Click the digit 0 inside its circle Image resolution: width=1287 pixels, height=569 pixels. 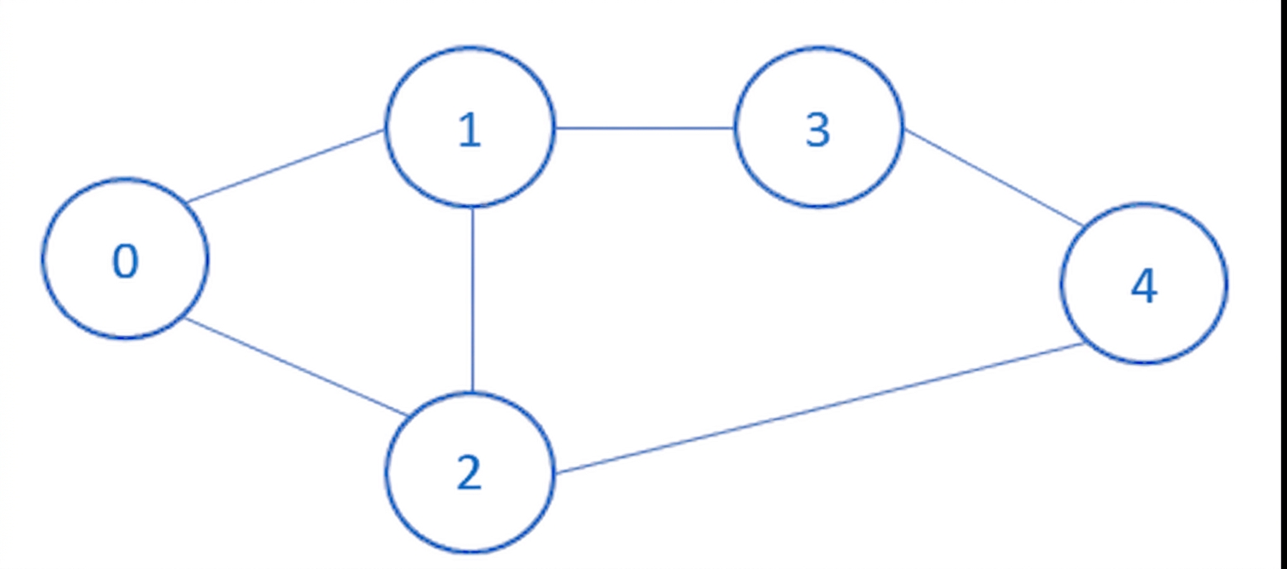pos(126,261)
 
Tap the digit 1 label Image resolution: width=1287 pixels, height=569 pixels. pos(470,131)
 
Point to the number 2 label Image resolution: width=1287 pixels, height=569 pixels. pos(469,472)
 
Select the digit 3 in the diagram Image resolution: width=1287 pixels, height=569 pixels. pos(818,131)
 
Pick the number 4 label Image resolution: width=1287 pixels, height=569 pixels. pos(1144,286)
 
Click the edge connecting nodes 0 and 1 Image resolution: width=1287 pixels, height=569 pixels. pos(285,166)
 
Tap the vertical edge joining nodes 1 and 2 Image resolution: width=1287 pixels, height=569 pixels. pos(472,299)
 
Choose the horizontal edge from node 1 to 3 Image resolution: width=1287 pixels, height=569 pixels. pos(645,127)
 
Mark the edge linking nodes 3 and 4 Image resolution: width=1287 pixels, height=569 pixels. pos(994,178)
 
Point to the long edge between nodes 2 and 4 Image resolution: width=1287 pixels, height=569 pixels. pos(819,409)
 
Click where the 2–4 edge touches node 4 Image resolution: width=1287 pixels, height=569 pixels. pos(1084,343)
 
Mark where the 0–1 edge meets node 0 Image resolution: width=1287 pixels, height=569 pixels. pos(187,203)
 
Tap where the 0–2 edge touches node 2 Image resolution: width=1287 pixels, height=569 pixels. pos(407,415)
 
